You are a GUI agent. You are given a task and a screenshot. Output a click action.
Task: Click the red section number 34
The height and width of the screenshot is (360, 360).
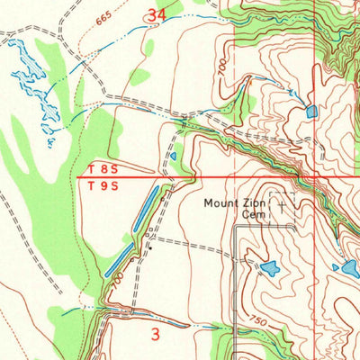pos(157,15)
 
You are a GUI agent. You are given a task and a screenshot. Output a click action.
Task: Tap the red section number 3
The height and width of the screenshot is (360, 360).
pos(156,335)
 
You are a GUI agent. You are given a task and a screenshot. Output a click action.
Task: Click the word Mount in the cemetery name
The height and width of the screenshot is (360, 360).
pos(220,203)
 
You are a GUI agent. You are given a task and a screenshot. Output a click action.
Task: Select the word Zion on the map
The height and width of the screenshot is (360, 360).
pos(255,203)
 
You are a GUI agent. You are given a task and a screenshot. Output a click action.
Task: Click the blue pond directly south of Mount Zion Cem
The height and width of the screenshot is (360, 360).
pos(269,267)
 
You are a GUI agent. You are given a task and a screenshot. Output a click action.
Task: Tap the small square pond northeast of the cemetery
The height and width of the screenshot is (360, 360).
pos(311,112)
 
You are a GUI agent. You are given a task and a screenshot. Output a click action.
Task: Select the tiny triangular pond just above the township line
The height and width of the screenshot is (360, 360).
pos(173,156)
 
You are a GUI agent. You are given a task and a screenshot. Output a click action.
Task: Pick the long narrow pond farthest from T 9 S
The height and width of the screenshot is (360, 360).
pos(119,265)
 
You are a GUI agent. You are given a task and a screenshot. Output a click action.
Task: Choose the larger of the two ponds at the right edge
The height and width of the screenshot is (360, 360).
pos(351,268)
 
